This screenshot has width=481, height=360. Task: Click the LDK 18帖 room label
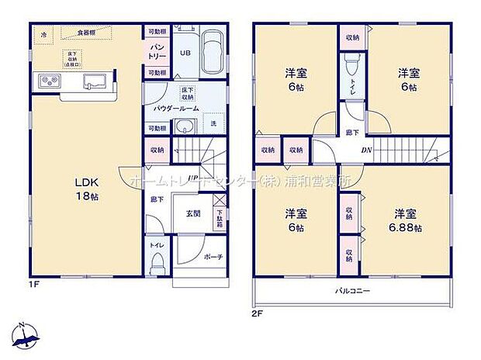point(86,189)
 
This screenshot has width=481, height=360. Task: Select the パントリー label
point(155,52)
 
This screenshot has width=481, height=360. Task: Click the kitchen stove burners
point(46,81)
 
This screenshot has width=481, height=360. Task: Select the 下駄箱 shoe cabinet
point(218,214)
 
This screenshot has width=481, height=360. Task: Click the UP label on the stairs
point(191,178)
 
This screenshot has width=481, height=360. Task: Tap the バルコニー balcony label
point(354,291)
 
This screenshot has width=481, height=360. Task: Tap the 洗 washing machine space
point(213,124)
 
